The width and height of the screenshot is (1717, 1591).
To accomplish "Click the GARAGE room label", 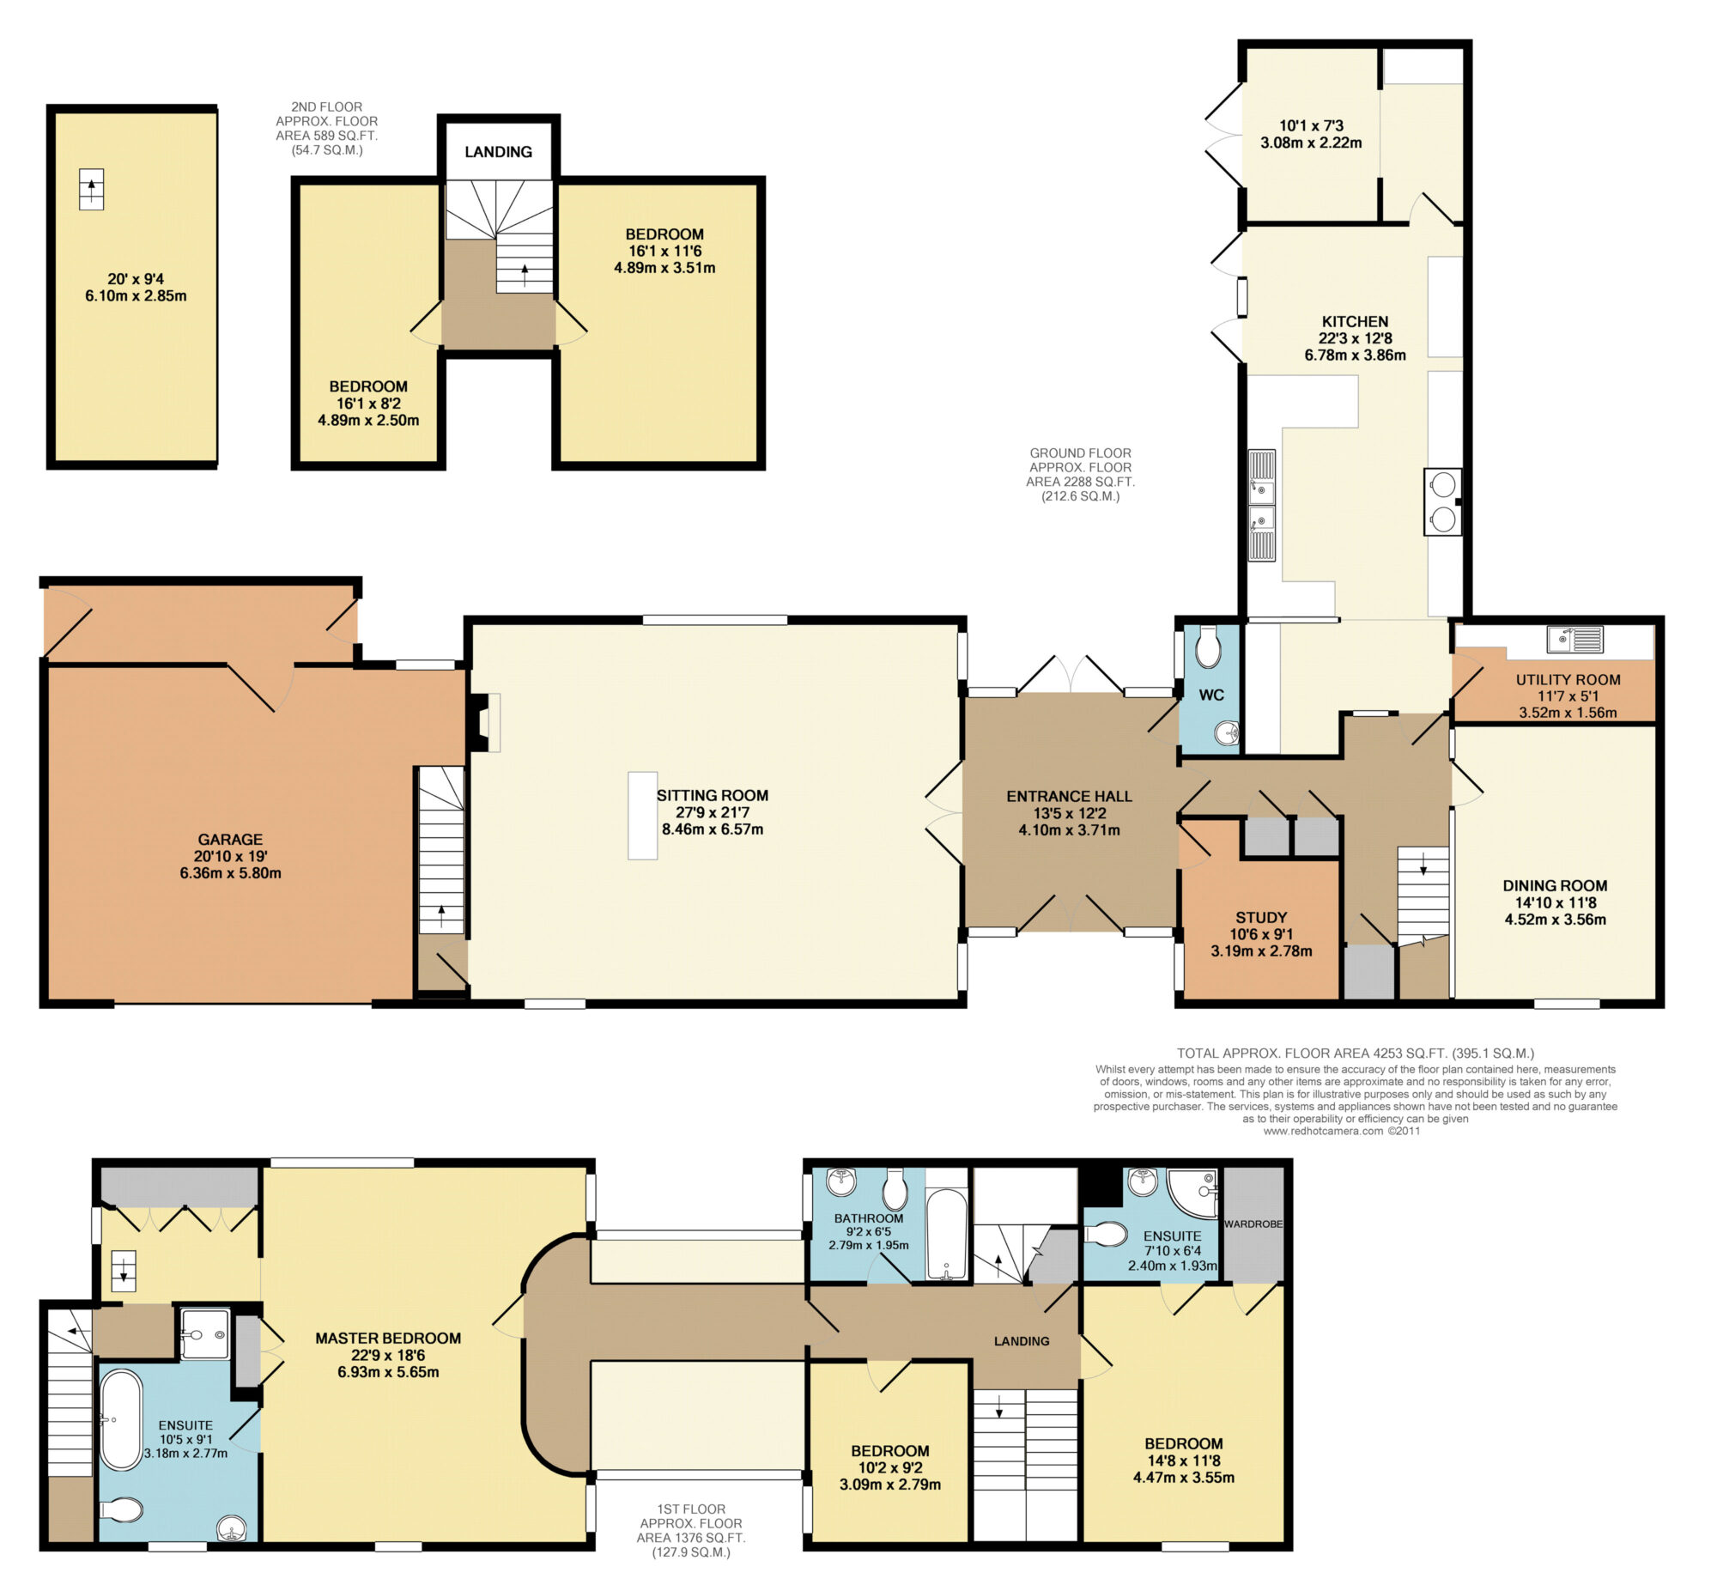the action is click(x=230, y=840).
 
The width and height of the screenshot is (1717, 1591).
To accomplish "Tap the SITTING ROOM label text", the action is click(x=713, y=795).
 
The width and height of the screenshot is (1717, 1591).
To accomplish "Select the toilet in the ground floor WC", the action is click(x=1209, y=647).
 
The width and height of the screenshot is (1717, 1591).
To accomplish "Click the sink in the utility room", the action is click(x=1574, y=639).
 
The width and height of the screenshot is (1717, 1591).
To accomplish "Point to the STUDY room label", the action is click(x=1261, y=918).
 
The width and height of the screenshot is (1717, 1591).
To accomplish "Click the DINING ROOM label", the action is click(x=1556, y=886).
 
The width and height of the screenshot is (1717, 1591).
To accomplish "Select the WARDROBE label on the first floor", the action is click(x=1253, y=1224).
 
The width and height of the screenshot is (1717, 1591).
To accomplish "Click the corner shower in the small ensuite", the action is click(x=1192, y=1193).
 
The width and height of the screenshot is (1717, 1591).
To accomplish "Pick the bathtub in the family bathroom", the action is click(x=947, y=1234).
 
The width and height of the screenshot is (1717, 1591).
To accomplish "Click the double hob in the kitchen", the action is click(x=1442, y=501).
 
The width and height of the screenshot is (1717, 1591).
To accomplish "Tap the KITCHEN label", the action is click(x=1355, y=322).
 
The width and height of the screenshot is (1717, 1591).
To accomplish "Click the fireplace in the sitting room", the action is click(x=483, y=721).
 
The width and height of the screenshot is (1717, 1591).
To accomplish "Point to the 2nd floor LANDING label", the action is click(x=498, y=152).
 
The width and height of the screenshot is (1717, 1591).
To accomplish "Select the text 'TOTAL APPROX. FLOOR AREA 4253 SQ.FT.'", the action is click(x=1313, y=1053).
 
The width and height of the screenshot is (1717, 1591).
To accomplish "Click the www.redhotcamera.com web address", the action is click(x=1323, y=1132).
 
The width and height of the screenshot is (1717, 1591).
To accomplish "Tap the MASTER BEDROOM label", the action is click(x=388, y=1338).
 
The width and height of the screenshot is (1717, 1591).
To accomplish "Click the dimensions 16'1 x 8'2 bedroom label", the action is click(x=368, y=404).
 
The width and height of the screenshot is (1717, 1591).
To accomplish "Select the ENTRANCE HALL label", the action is click(x=1070, y=797).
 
